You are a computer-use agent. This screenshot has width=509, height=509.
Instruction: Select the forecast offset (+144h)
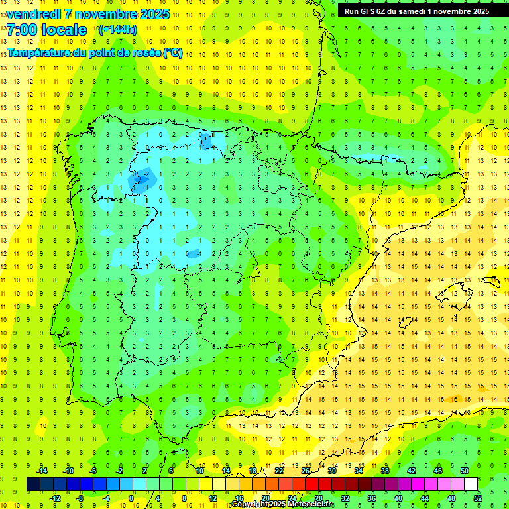point(117,30)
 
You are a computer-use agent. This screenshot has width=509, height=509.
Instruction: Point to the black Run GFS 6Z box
point(417,11)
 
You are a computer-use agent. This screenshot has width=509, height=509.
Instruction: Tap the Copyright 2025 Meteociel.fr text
point(283,504)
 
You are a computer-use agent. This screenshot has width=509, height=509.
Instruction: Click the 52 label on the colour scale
point(478,498)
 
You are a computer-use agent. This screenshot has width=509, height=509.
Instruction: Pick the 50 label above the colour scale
point(465,470)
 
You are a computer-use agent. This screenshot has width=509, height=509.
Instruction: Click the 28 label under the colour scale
point(319,498)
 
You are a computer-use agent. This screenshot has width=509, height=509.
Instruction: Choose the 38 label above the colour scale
point(385,470)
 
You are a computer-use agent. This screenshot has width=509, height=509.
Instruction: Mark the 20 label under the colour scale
point(266,498)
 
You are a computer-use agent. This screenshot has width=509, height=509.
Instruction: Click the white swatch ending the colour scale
point(471,484)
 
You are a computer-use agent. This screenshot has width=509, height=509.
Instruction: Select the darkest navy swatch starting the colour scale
point(33,484)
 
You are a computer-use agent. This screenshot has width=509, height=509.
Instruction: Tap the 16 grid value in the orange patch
point(453,399)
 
